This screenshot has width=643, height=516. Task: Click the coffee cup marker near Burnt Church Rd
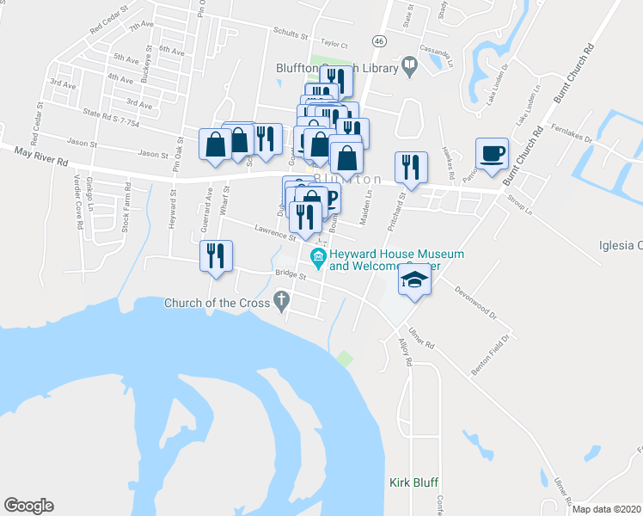coord(492,154)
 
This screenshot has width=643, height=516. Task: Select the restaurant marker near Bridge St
coord(215,255)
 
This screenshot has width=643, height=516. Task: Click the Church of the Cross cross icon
coord(280,301)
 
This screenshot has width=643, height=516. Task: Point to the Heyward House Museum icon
coord(319,256)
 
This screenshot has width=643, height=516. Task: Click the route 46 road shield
coord(379,40)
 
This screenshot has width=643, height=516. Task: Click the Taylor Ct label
coord(334,44)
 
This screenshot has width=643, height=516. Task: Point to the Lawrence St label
coord(274,230)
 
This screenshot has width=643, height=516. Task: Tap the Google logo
coord(28,506)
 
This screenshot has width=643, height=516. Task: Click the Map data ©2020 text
coord(607,509)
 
